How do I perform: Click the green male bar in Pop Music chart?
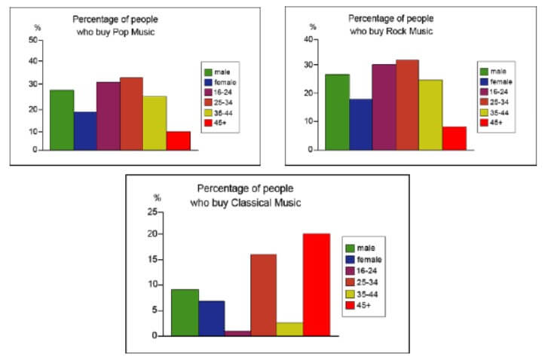(x=62, y=120)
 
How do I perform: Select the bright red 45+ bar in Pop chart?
(x=178, y=141)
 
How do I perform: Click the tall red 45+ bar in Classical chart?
(x=316, y=285)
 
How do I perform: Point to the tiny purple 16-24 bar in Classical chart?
(x=237, y=333)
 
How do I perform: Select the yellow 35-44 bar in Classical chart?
(x=289, y=329)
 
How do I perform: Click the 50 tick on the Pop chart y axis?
(x=33, y=40)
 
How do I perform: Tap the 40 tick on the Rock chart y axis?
(x=308, y=39)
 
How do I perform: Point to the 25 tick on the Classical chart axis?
(x=157, y=212)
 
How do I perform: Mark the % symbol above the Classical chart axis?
(x=158, y=198)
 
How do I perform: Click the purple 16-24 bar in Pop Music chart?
(x=108, y=116)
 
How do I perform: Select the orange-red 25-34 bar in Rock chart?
(x=406, y=105)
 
